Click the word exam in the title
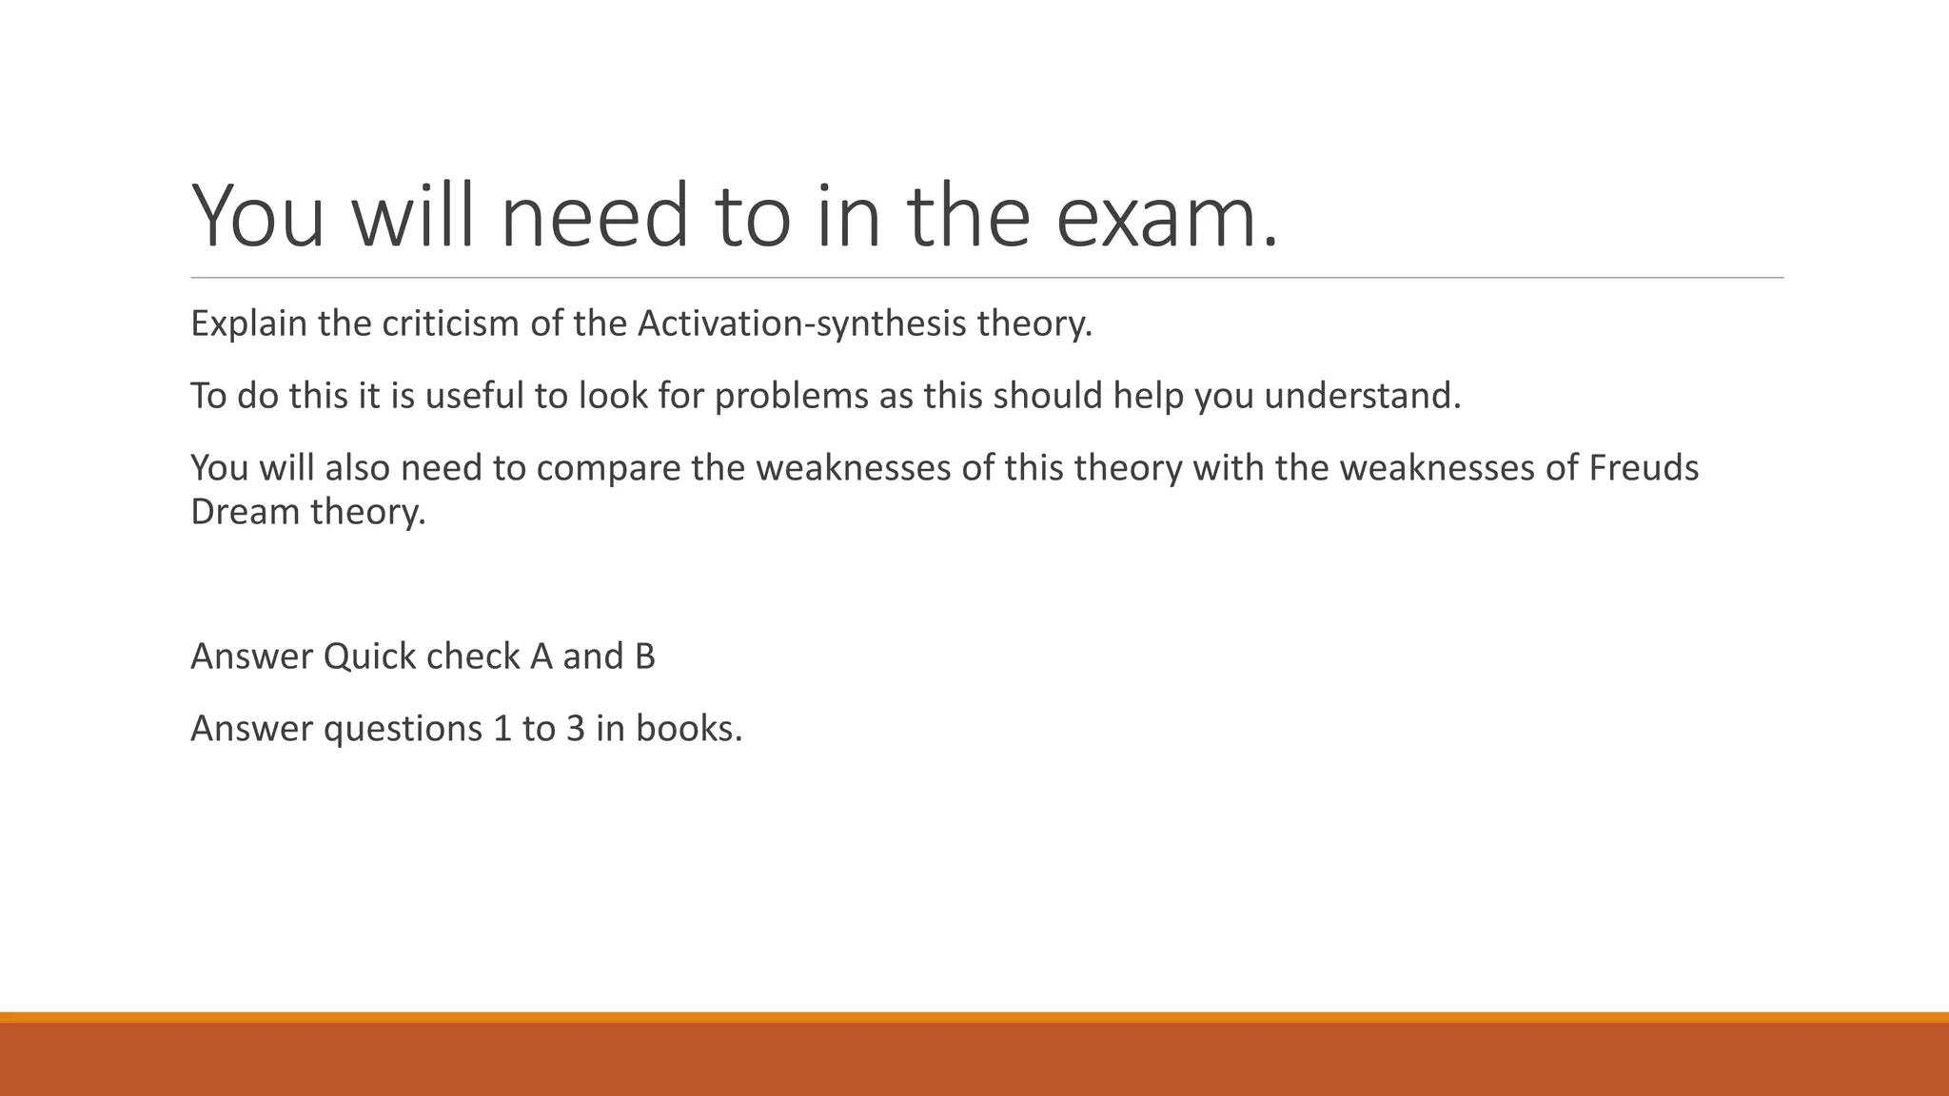tap(1167, 217)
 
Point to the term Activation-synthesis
tap(801, 324)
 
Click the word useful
tap(475, 396)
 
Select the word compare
tap(607, 468)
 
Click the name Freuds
tap(1644, 468)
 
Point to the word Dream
tap(246, 512)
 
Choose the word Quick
tap(369, 656)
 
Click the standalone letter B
tap(644, 656)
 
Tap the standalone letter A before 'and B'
tap(541, 656)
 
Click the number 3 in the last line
tap(576, 729)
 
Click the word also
tap(358, 468)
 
